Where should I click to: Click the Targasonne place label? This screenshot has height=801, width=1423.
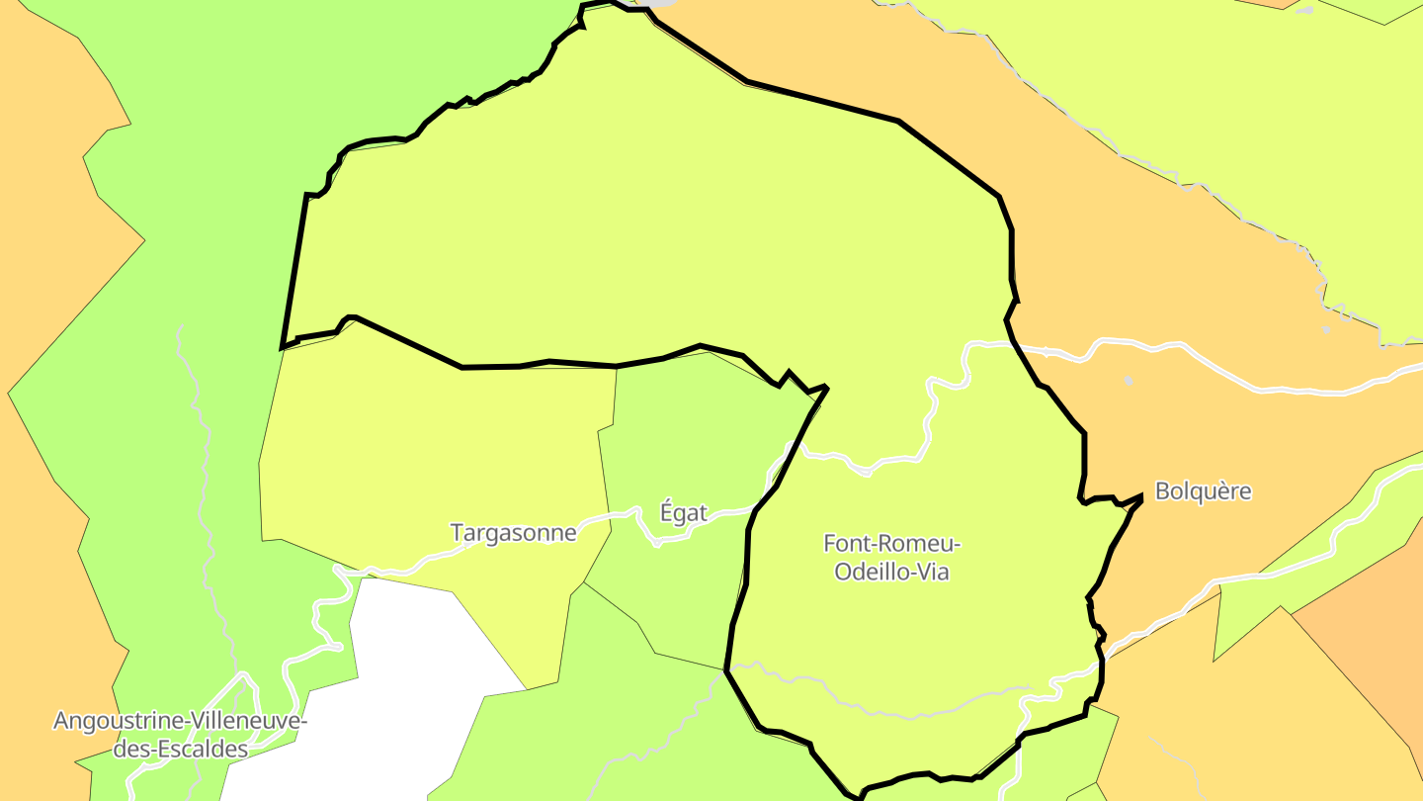click(x=513, y=533)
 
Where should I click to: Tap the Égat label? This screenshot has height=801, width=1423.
click(x=684, y=513)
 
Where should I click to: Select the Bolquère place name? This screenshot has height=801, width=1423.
click(x=1204, y=491)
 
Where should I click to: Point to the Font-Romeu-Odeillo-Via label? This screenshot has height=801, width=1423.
click(x=891, y=557)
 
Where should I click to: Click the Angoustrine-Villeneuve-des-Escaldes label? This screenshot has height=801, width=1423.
click(x=180, y=735)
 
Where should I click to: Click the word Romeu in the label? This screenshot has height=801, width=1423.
click(x=925, y=543)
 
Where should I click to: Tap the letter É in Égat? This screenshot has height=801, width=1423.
click(x=667, y=512)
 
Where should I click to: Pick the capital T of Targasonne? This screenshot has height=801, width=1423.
click(x=457, y=533)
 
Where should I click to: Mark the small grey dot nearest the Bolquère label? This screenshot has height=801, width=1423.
click(x=1129, y=380)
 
